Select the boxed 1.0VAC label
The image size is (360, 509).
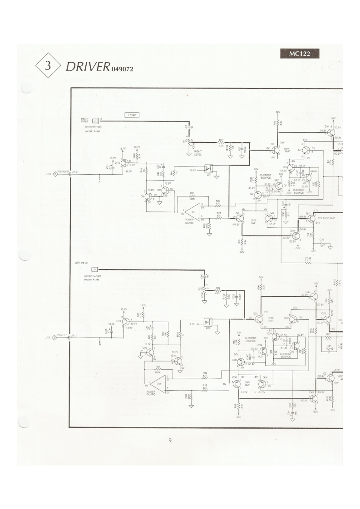pos(131,115)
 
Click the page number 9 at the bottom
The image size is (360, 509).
pos(170,440)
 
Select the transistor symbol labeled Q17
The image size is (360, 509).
pos(311,219)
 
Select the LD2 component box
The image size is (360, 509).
pos(208,323)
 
